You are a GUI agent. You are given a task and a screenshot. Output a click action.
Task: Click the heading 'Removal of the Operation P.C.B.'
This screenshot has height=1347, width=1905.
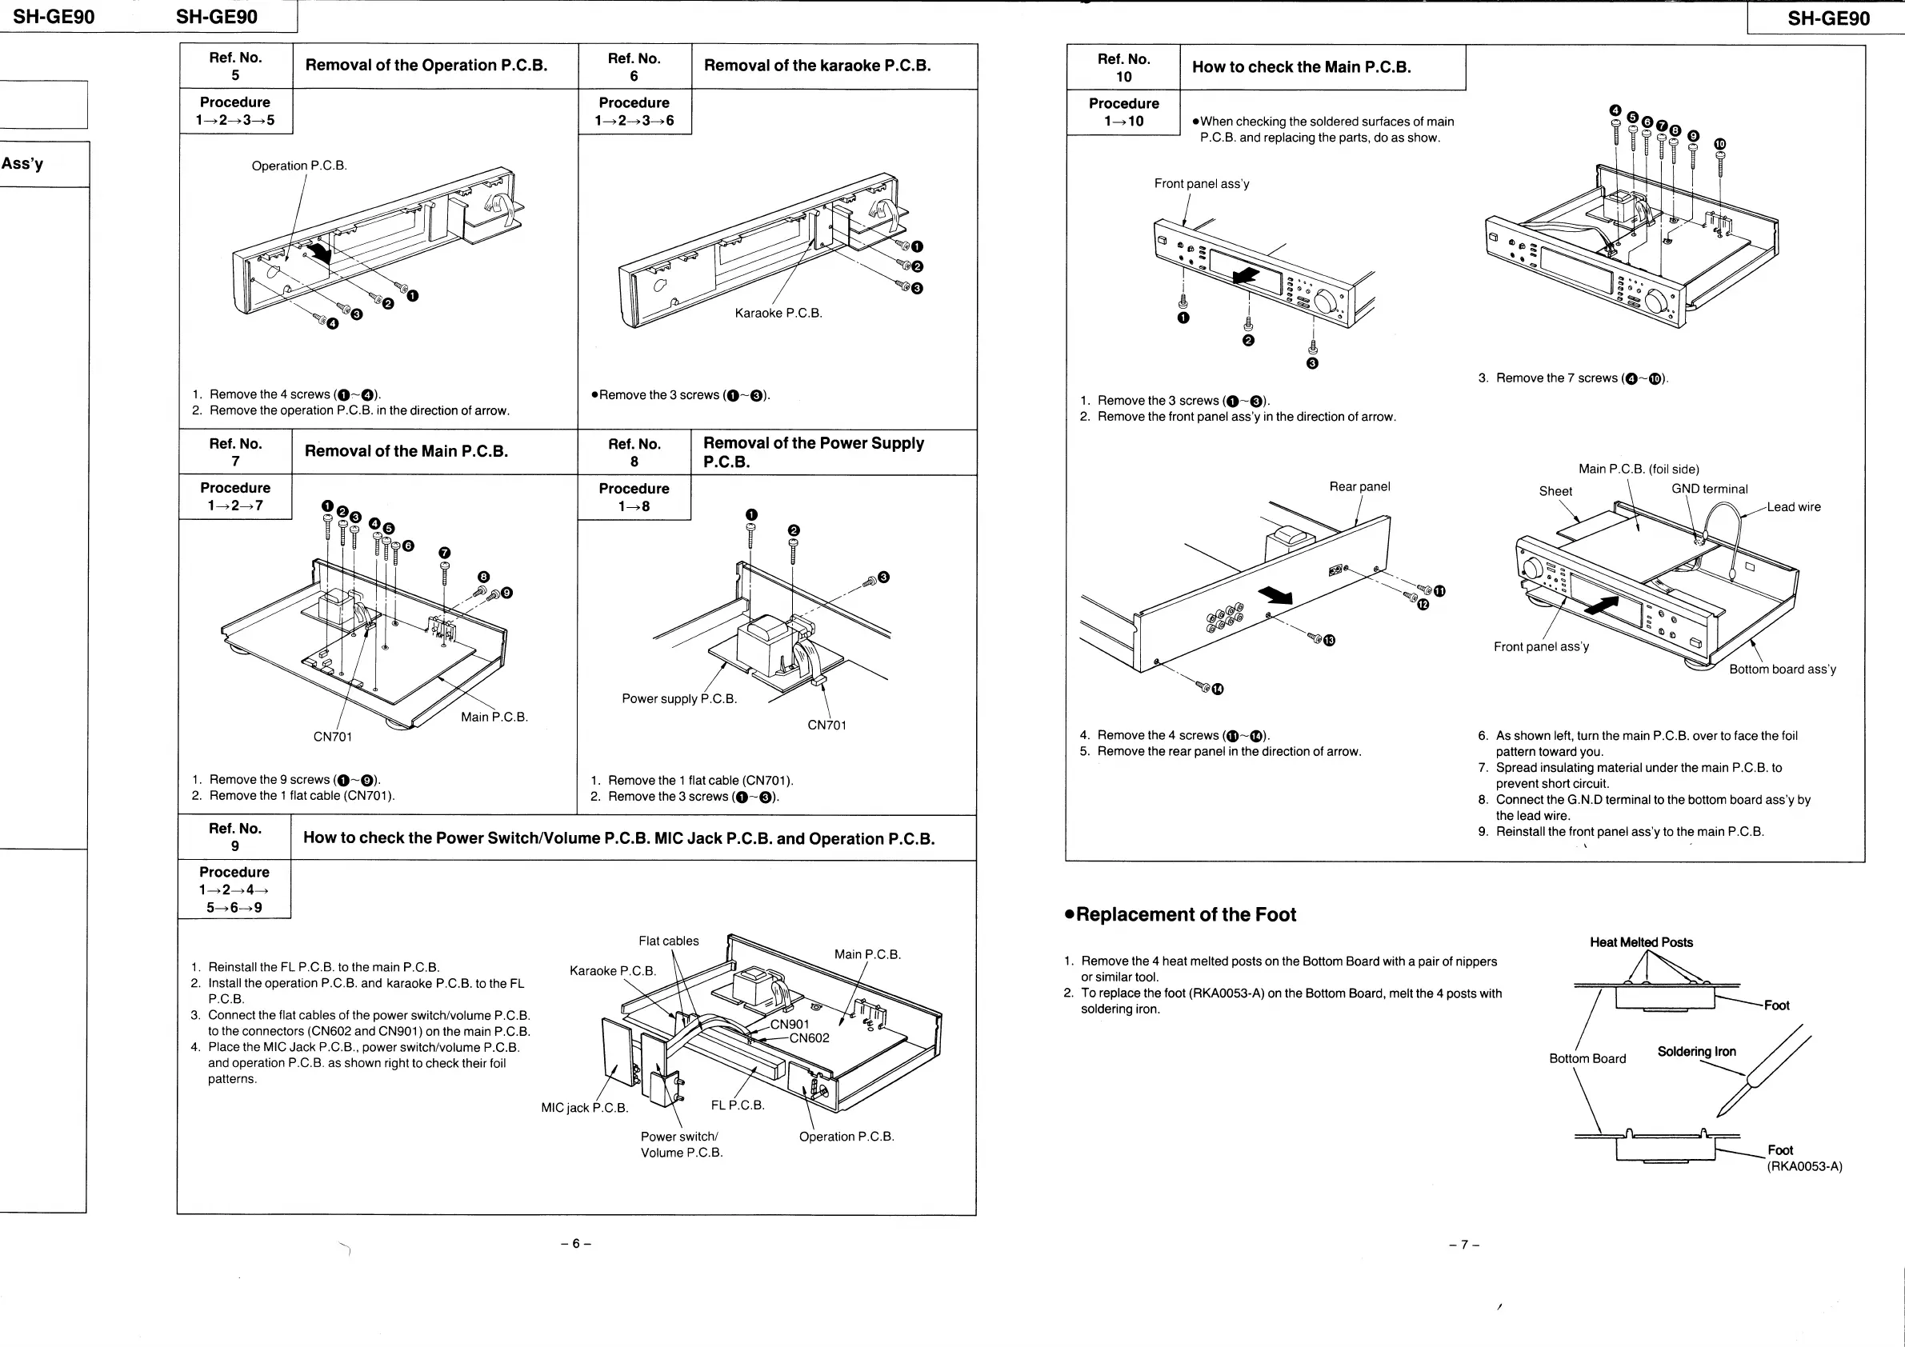tap(426, 66)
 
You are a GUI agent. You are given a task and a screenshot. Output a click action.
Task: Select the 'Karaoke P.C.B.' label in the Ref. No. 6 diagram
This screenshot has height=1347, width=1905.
tap(778, 314)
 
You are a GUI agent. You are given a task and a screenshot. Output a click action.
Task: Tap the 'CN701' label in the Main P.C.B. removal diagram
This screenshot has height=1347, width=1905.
tap(333, 737)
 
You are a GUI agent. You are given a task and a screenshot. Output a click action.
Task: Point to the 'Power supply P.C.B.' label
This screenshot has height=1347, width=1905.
tap(678, 699)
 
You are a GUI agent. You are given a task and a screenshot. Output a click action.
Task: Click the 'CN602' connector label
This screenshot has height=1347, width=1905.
tap(809, 1038)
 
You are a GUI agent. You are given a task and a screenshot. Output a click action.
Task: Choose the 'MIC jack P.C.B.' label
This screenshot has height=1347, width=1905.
tap(584, 1108)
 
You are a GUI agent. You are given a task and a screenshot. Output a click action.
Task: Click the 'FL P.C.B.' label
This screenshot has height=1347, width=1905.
tap(738, 1105)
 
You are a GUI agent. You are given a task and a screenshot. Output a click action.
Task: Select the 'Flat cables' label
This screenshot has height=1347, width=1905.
tap(669, 941)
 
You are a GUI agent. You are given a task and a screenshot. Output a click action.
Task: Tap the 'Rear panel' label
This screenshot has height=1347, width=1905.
tap(1359, 487)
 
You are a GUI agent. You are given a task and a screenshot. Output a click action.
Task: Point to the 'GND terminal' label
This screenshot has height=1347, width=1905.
tap(1709, 490)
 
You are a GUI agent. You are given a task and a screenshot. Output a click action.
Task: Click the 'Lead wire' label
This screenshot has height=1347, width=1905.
tap(1794, 508)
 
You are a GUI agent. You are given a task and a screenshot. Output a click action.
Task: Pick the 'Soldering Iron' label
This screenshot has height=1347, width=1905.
tap(1696, 1052)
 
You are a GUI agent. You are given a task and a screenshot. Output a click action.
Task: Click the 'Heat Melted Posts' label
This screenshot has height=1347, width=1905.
tap(1641, 943)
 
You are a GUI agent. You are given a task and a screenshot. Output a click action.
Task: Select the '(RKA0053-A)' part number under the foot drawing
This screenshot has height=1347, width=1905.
tap(1803, 1167)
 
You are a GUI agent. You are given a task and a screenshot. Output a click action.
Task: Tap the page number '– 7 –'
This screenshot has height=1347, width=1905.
tap(1464, 1245)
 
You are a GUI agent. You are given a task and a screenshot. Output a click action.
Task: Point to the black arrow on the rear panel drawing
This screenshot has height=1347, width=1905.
tap(1276, 594)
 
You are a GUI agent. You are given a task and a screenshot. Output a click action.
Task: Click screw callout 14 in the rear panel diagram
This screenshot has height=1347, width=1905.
tap(1217, 689)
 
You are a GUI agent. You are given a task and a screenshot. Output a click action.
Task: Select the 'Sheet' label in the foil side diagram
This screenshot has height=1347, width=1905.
tap(1555, 492)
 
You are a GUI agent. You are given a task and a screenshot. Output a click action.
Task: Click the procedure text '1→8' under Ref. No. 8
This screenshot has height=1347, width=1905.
tap(634, 507)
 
